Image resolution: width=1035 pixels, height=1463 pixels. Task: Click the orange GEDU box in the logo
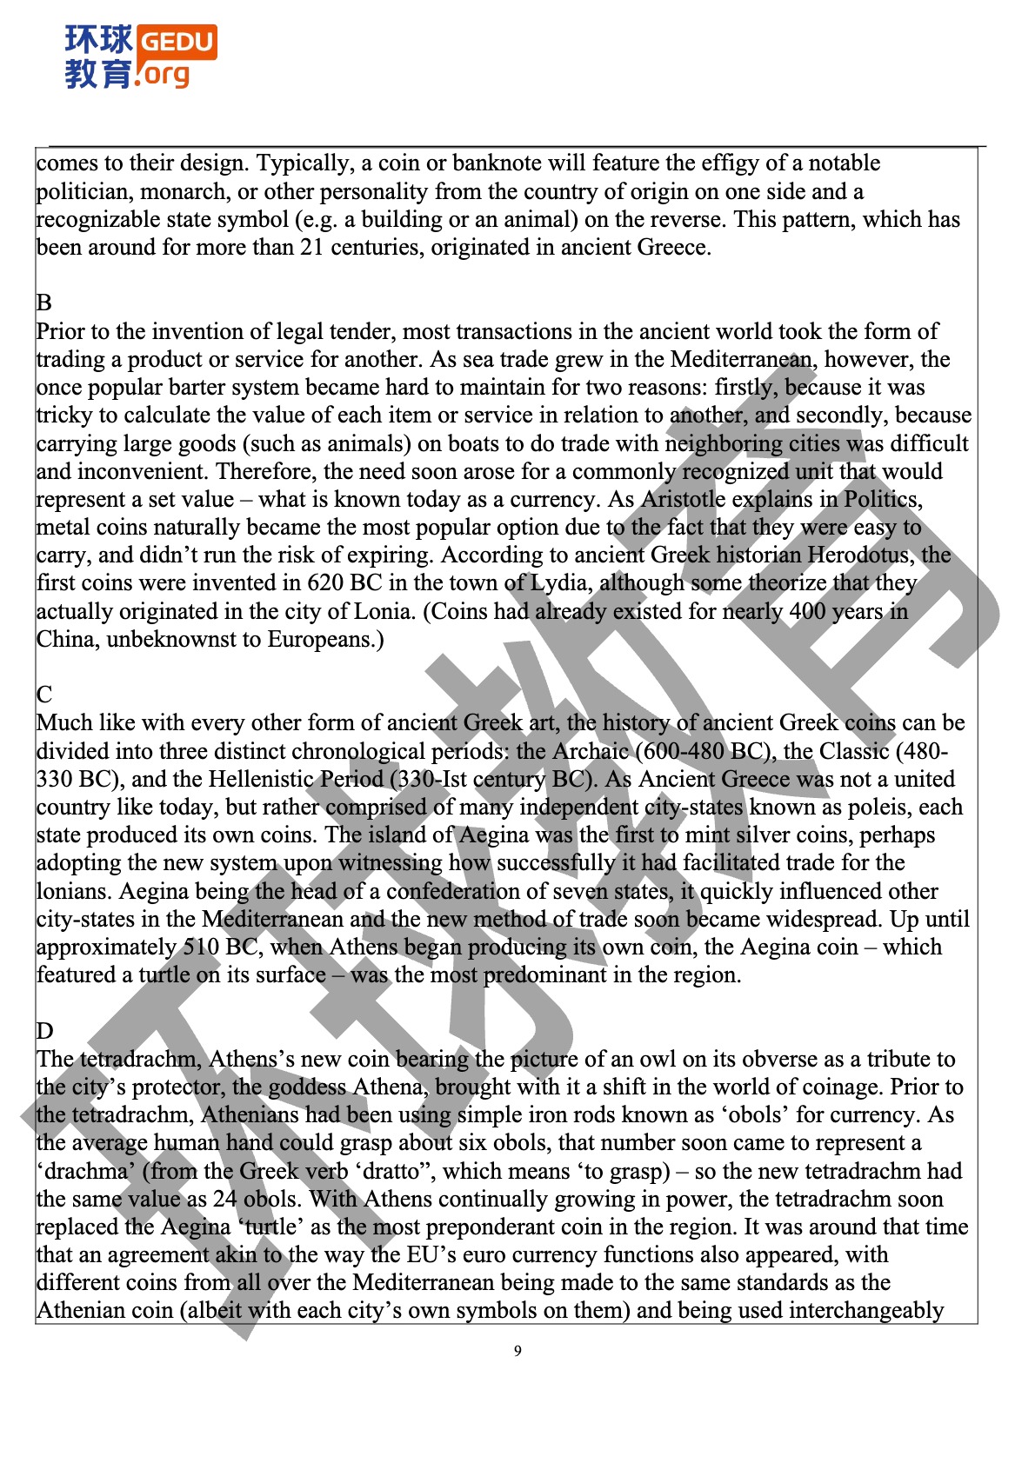pyautogui.click(x=177, y=42)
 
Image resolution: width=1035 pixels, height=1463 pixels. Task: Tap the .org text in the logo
pyautogui.click(x=163, y=75)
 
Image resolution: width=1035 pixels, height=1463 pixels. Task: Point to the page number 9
pyautogui.click(x=517, y=1351)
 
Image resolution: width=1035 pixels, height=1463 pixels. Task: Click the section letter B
pyautogui.click(x=44, y=303)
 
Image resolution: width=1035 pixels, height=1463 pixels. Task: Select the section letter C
pyautogui.click(x=44, y=695)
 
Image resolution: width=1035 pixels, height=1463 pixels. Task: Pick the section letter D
pyautogui.click(x=45, y=1031)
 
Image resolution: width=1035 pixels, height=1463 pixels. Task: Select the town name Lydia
pyautogui.click(x=558, y=583)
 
